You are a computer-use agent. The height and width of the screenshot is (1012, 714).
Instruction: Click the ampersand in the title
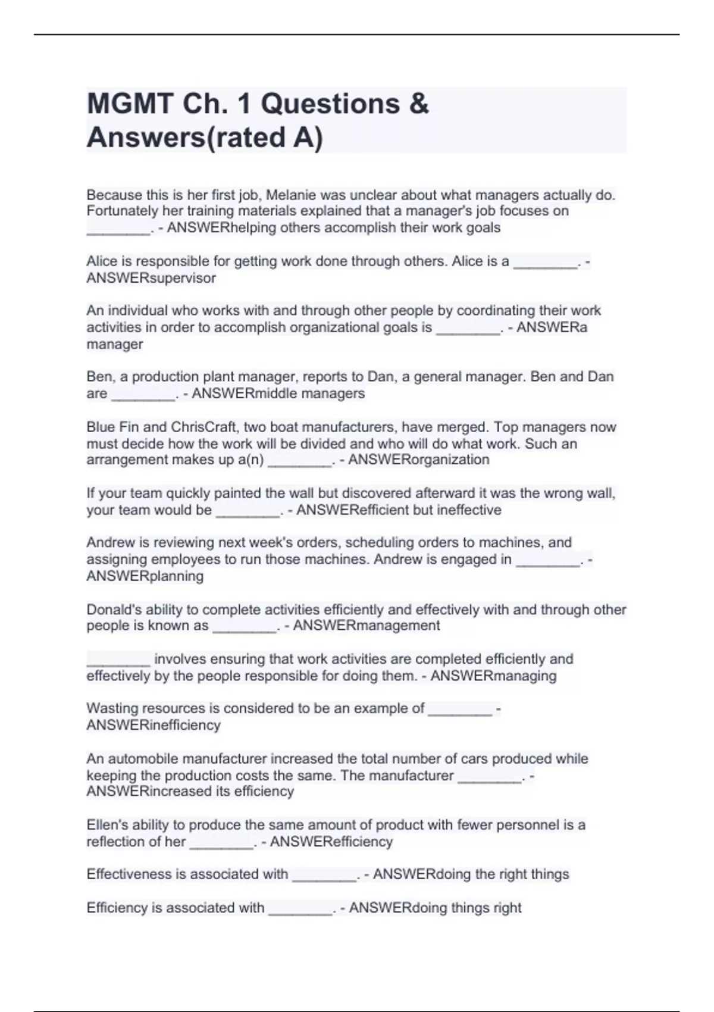click(x=419, y=104)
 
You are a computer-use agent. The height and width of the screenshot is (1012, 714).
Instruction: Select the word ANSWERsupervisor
click(x=151, y=278)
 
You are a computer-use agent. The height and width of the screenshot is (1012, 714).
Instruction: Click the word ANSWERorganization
click(x=418, y=460)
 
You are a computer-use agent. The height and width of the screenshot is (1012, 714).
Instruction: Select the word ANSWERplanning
click(x=145, y=576)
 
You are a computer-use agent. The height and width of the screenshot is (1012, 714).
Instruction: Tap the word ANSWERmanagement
click(x=367, y=625)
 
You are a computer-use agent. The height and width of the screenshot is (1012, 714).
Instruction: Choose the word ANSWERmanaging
click(x=493, y=676)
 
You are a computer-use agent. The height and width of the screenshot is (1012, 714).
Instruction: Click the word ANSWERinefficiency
click(x=154, y=725)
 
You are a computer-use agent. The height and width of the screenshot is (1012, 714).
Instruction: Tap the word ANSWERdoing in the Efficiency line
click(x=398, y=908)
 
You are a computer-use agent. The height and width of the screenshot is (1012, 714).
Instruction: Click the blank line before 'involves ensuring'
click(x=118, y=660)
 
